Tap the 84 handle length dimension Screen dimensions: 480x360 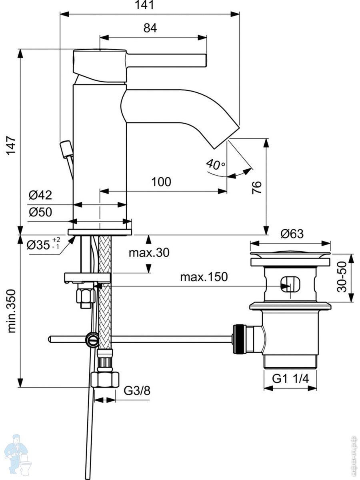pos(150,28)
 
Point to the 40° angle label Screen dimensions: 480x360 pos(216,163)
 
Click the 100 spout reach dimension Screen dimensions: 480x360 pos(161,182)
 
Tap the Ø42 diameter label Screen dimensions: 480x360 pos(40,195)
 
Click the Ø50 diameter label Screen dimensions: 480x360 pos(40,212)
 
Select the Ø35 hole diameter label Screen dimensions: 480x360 pos(43,244)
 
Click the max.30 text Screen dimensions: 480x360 pos(149,253)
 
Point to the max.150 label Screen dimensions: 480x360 pos(203,277)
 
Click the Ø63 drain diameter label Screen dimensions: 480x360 pos(292,234)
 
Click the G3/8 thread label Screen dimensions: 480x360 pos(137,390)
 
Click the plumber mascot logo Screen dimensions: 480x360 pos(18,454)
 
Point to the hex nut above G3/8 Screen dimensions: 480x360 pos(105,379)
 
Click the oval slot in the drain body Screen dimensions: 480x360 pos(290,284)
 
